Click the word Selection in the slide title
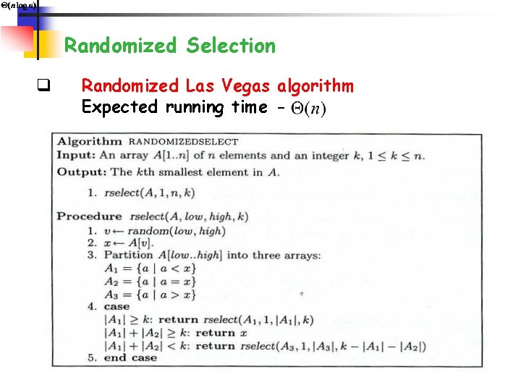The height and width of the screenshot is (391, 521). tap(231, 46)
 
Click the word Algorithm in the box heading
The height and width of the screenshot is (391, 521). tap(90, 141)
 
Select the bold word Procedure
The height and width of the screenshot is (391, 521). tap(90, 216)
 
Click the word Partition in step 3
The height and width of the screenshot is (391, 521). tap(129, 255)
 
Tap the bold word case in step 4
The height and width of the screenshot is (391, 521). tap(117, 306)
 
